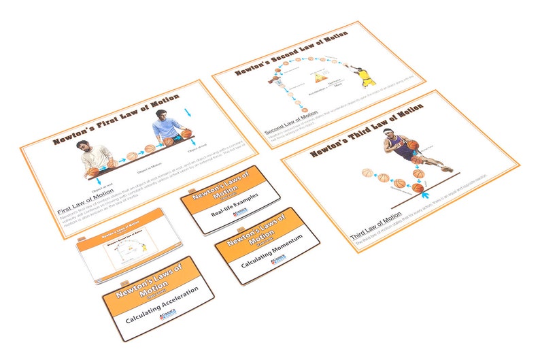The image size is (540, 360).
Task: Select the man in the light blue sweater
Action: (x=165, y=127)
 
